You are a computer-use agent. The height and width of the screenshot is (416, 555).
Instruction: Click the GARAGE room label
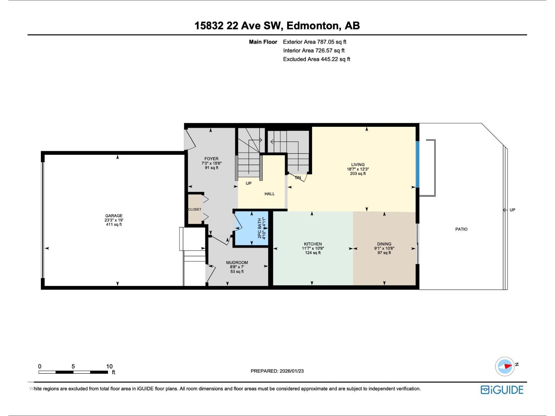(114, 216)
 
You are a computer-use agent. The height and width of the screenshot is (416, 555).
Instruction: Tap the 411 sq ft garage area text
(114, 225)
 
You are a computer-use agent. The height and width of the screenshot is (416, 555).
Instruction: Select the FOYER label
(211, 159)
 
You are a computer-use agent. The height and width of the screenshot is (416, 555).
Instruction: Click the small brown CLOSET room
(195, 209)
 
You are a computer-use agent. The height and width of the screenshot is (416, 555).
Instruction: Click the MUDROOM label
(237, 262)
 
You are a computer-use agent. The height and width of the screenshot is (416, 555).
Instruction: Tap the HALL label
(270, 194)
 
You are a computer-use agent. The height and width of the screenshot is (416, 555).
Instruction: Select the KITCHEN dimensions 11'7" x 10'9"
(313, 248)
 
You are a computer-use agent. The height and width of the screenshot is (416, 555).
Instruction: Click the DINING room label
(384, 244)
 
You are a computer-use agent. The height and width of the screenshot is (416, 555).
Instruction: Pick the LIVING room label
(358, 165)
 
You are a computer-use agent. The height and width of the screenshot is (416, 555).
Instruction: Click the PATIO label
(461, 229)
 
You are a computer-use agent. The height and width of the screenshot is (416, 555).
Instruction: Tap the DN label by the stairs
(298, 177)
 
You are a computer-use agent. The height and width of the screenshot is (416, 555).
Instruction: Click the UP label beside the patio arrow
(512, 210)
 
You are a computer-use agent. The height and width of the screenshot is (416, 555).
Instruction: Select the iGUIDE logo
(502, 390)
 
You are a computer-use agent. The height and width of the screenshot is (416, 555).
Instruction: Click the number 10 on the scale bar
(109, 366)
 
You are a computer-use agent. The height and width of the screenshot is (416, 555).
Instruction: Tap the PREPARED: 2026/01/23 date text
(277, 371)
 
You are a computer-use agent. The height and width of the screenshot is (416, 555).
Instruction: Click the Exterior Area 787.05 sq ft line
(315, 42)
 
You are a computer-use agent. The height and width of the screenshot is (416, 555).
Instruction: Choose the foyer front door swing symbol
(189, 139)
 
